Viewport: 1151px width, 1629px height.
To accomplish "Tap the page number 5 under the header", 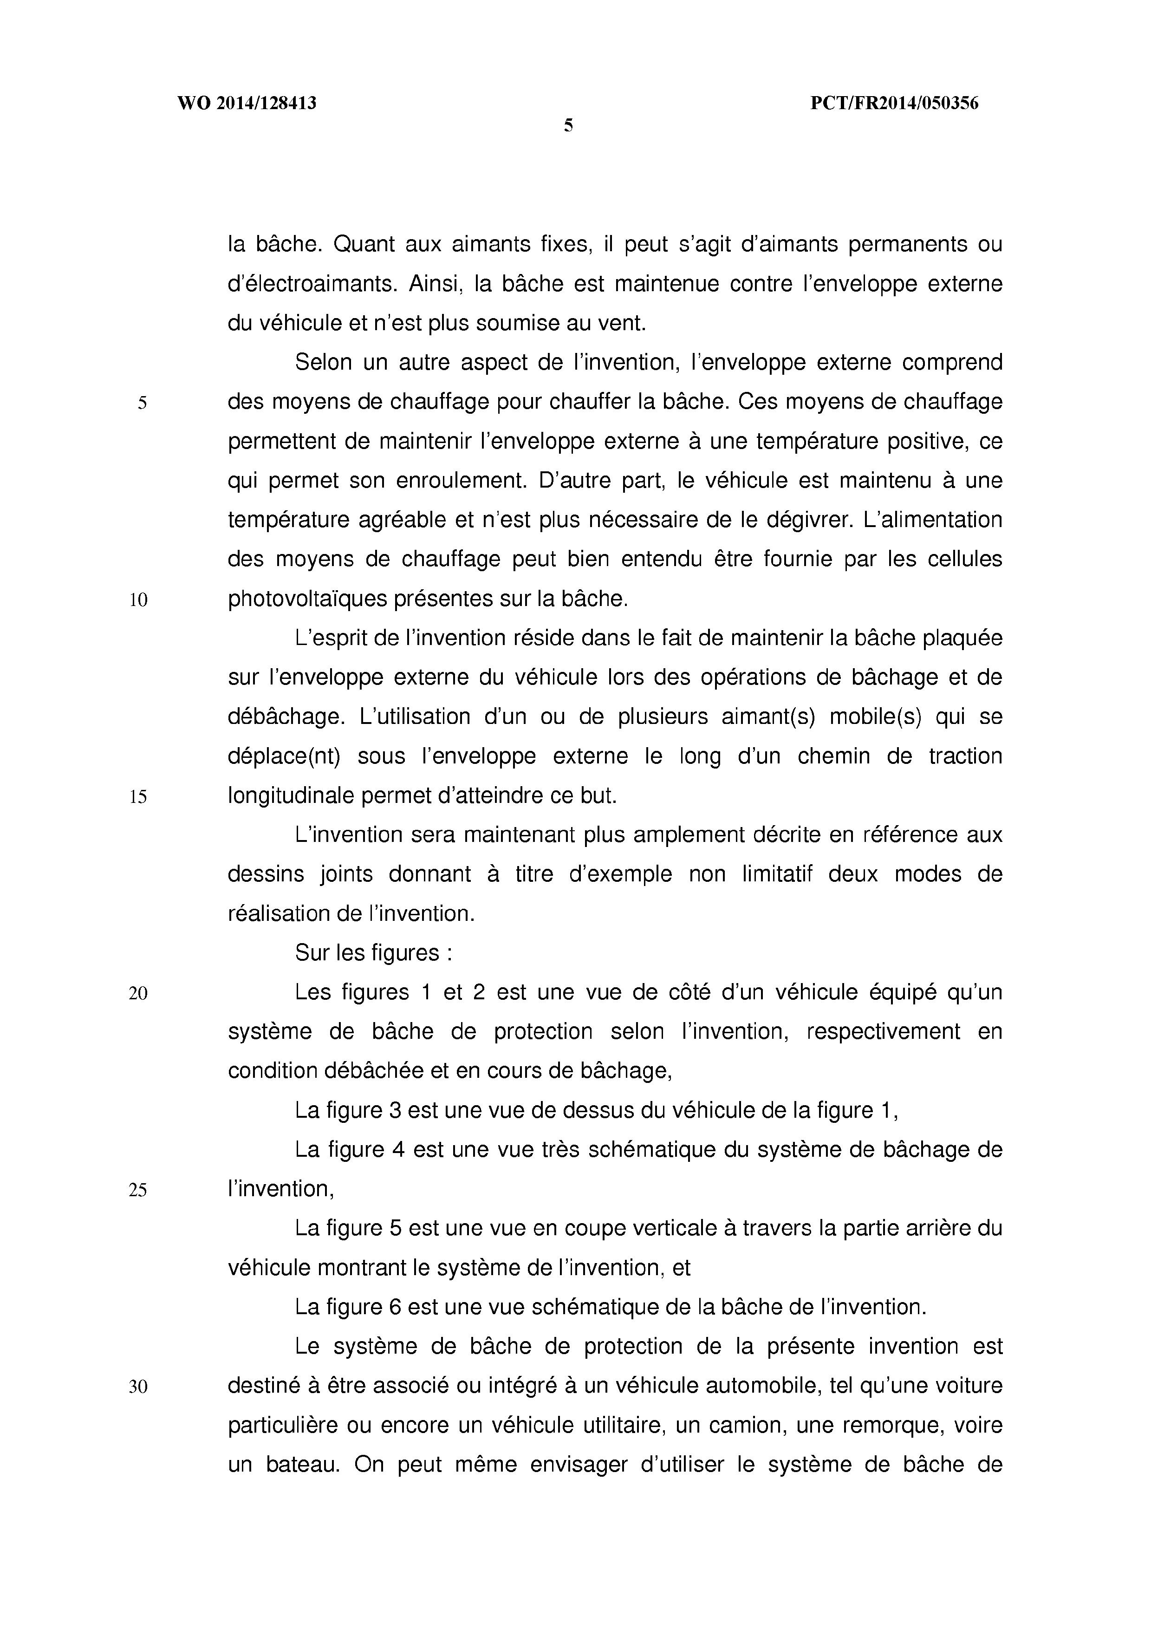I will (568, 126).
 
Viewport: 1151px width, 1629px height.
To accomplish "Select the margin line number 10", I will (138, 600).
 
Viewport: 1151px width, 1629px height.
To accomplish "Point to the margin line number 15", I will (138, 797).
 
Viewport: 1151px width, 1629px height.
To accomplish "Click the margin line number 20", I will (138, 993).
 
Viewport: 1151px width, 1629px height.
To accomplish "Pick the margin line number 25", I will (138, 1190).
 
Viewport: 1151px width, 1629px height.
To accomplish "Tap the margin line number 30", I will (138, 1386).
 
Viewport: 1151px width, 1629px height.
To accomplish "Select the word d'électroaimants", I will (309, 284).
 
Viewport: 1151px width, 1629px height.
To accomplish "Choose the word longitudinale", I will (290, 796).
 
